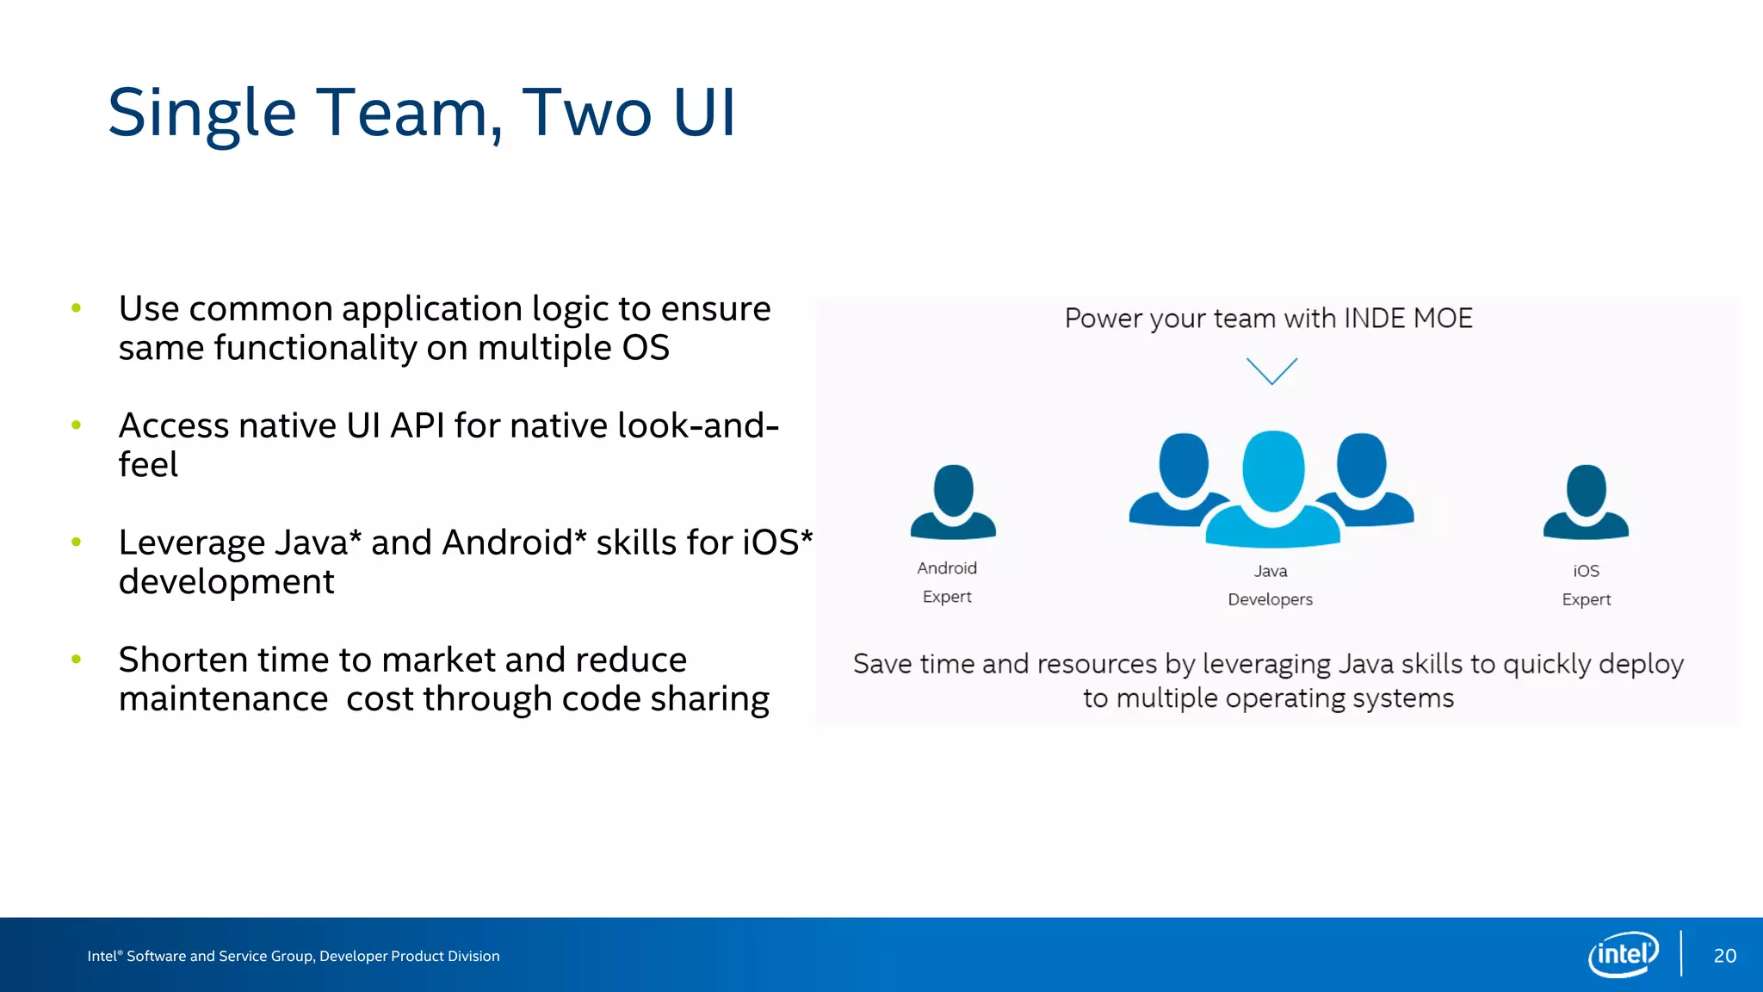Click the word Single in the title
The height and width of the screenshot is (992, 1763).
202,114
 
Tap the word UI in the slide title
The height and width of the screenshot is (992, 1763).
704,113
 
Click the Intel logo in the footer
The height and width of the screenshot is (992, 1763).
1623,954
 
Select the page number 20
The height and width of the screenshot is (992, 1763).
1724,956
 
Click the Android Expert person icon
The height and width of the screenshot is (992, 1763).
953,503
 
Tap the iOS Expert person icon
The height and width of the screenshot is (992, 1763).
1586,503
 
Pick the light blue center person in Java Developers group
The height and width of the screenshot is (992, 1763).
1273,491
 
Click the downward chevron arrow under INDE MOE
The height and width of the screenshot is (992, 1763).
1271,371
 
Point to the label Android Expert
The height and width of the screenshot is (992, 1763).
947,582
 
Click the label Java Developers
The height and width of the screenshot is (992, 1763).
1270,585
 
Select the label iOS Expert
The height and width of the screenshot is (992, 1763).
1586,585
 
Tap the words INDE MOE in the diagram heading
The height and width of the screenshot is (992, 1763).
1407,319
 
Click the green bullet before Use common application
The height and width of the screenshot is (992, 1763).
77,308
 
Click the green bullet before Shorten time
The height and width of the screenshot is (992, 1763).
77,660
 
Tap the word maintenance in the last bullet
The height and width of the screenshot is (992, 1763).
223,699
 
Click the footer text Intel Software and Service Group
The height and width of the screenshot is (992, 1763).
293,956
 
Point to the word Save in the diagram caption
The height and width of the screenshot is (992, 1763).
882,664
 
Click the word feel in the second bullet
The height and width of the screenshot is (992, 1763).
148,465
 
